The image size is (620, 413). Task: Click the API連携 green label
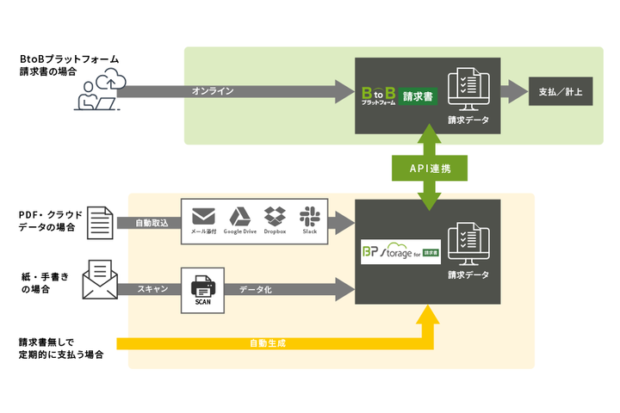pos(429,169)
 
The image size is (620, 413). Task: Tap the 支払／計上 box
pos(561,91)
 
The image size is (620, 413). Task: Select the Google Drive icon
pos(239,217)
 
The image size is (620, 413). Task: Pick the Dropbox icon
pos(275,217)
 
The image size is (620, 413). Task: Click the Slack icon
pos(310,217)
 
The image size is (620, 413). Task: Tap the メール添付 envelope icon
pos(203,217)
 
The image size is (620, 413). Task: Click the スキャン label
pos(152,290)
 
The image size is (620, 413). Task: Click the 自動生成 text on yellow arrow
pos(267,343)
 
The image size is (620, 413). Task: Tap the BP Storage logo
pos(400,251)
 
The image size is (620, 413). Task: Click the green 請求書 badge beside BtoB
pos(418,96)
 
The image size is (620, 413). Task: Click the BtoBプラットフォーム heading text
pos(69,59)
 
